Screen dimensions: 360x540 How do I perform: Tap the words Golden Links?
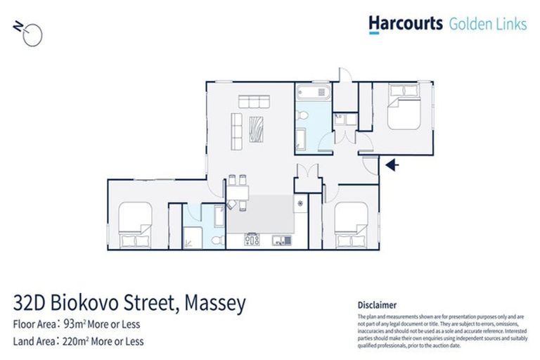click(487, 24)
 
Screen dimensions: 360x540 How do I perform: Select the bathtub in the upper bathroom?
click(312, 93)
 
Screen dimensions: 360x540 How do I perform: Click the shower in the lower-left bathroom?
click(191, 238)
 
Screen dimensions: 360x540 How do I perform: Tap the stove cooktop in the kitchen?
click(252, 240)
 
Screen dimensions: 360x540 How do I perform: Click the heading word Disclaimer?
click(377, 305)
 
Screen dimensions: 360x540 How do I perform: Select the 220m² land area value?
click(75, 342)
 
